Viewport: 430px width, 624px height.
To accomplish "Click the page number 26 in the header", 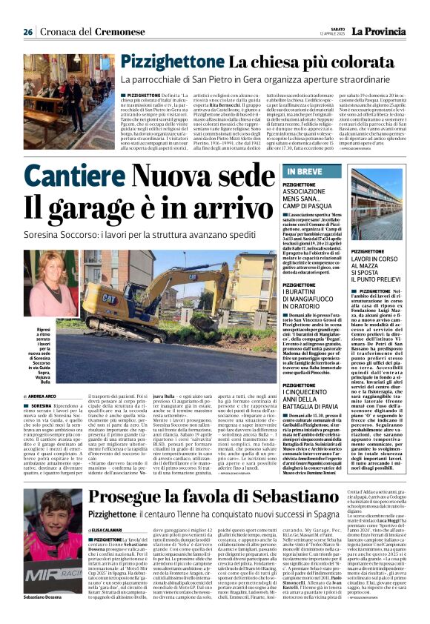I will tap(27, 32).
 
